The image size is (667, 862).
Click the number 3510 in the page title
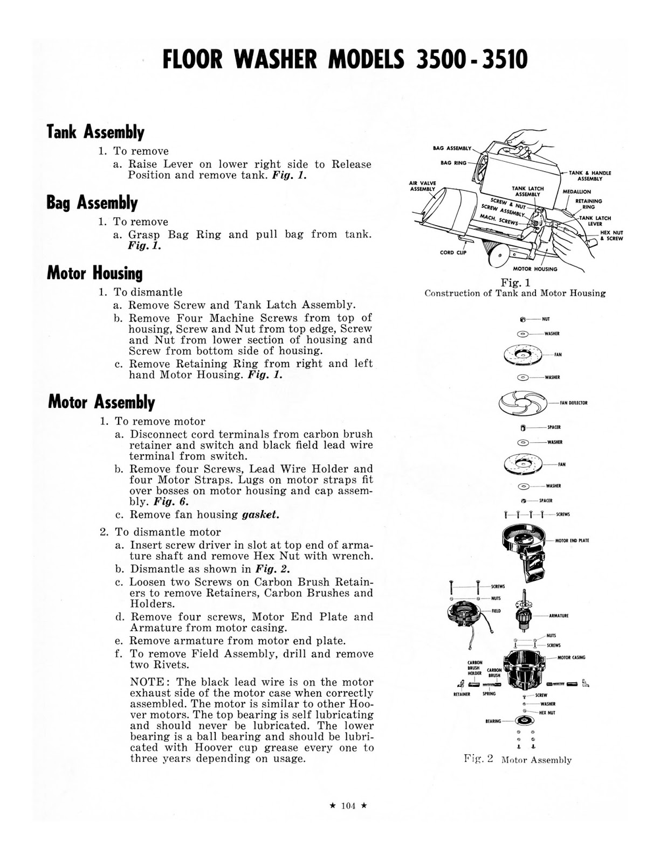coord(500,60)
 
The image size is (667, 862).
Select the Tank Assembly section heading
coord(95,132)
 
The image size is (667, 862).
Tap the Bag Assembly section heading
coord(92,203)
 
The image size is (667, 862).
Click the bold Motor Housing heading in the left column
coord(95,273)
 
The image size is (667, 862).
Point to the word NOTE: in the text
coord(149,682)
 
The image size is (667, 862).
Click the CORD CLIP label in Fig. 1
coord(453,252)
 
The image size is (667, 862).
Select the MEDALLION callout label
coord(576,192)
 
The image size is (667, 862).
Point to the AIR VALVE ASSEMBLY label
coord(422,186)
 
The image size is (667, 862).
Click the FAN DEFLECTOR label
coord(574,403)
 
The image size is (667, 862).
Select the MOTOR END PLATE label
coord(572,540)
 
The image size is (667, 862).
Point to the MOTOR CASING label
coord(571,657)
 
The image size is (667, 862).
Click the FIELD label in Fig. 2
coord(496,611)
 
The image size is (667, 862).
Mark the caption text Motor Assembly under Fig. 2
coord(536,760)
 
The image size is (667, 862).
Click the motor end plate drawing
coord(523,544)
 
